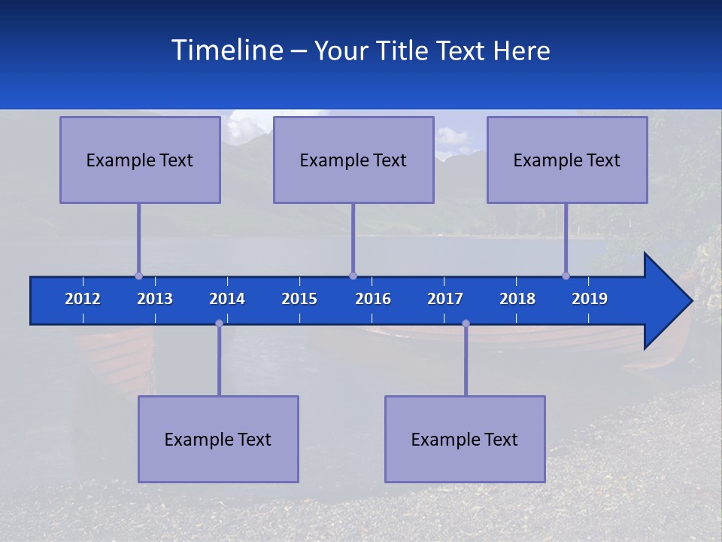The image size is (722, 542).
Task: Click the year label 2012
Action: click(x=83, y=299)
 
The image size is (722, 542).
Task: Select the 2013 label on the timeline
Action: click(x=155, y=299)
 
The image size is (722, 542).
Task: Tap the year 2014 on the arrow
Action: click(x=227, y=299)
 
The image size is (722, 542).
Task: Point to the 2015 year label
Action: click(x=299, y=299)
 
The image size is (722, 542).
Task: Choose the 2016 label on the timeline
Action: click(x=373, y=299)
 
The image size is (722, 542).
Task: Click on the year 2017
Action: click(x=445, y=299)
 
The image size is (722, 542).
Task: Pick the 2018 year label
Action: click(x=517, y=299)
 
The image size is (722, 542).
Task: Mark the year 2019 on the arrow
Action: click(x=590, y=299)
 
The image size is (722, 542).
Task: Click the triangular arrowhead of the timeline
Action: click(x=666, y=301)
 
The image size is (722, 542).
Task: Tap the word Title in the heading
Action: click(x=403, y=50)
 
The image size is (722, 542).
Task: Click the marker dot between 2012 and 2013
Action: click(x=138, y=276)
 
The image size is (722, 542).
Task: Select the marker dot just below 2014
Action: click(x=219, y=323)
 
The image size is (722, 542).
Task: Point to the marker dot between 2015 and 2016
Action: click(x=353, y=276)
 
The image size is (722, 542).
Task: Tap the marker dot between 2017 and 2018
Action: click(x=466, y=323)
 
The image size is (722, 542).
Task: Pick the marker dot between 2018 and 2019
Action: click(x=566, y=276)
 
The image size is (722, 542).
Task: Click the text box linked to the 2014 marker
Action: click(x=218, y=439)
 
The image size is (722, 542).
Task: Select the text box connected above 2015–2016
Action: click(x=353, y=160)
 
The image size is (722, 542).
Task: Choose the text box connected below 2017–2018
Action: click(x=465, y=439)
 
